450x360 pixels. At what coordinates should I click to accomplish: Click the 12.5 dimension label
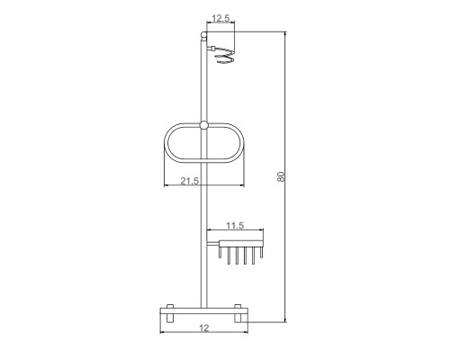[220, 18]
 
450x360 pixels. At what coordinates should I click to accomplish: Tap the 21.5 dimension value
[190, 181]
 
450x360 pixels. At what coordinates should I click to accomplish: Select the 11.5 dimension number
[235, 225]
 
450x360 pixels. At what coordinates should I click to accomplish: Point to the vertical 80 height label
[281, 176]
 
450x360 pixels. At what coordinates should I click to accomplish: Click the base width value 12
[204, 328]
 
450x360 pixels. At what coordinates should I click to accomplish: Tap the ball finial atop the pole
[203, 35]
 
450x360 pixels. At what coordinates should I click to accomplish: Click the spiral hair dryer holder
[224, 56]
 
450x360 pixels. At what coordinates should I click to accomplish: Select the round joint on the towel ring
[203, 125]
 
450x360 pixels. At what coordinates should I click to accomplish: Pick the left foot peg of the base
[170, 313]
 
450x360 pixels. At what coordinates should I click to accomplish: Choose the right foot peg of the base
[238, 313]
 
